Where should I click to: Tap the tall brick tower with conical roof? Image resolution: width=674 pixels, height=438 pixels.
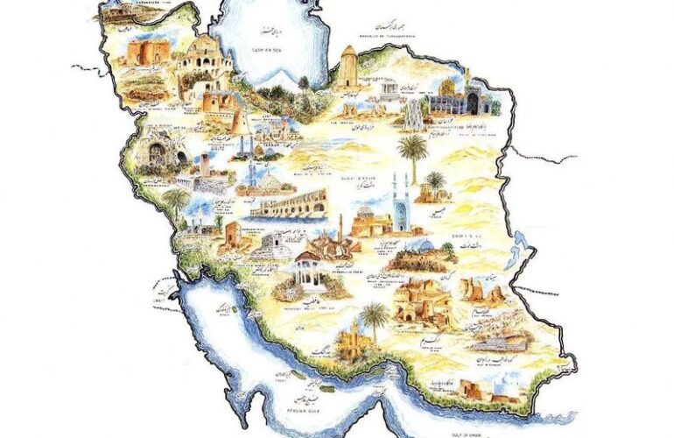(349, 67)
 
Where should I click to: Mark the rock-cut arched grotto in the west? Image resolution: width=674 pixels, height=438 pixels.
(158, 154)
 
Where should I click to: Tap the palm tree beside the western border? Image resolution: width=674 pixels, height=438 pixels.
(176, 202)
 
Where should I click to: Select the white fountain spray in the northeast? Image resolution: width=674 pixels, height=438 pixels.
(411, 113)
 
